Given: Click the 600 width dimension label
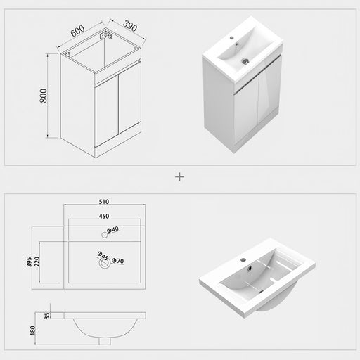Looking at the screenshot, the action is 77,31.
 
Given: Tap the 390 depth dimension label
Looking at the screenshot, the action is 130,26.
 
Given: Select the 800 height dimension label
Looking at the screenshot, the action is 44,96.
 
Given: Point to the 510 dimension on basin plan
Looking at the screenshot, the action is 104,202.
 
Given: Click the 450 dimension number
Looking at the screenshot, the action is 104,216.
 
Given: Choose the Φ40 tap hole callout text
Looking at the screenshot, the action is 113,230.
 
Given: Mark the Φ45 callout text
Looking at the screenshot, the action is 103,256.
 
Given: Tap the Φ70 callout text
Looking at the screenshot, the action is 117,261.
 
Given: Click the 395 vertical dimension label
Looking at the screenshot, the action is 29,262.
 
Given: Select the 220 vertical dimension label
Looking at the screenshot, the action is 37,262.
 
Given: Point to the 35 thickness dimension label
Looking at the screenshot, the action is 47,316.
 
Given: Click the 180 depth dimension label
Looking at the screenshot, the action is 32,330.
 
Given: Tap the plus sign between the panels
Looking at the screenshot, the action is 179,177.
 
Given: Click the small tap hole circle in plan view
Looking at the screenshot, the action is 105,235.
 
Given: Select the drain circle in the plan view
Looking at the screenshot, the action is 105,264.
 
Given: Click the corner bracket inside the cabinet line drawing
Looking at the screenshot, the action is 106,36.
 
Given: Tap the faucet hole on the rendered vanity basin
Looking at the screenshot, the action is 232,37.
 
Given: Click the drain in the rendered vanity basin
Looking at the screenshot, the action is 245,61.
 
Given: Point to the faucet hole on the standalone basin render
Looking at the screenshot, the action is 243,259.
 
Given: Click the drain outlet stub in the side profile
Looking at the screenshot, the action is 105,341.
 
